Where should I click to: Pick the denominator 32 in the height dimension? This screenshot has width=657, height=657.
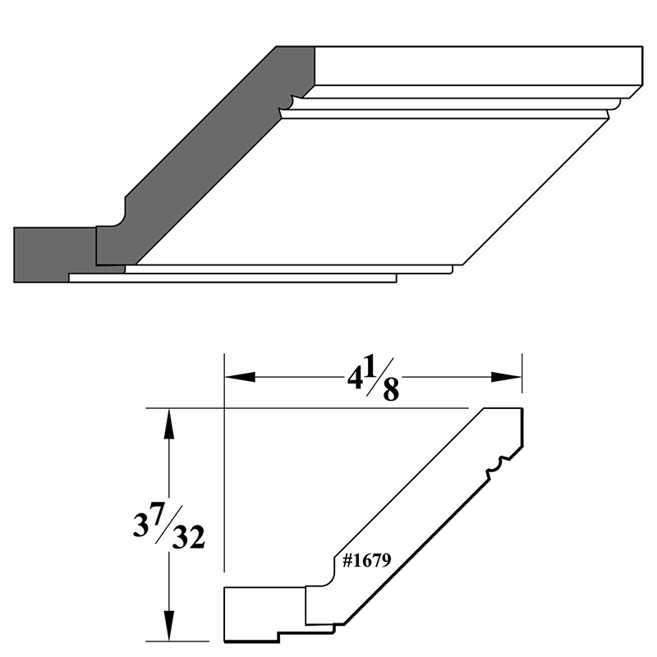[x=187, y=540]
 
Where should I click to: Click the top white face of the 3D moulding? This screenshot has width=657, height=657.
[x=476, y=66]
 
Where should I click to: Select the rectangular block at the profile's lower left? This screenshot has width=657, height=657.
[x=263, y=612]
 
